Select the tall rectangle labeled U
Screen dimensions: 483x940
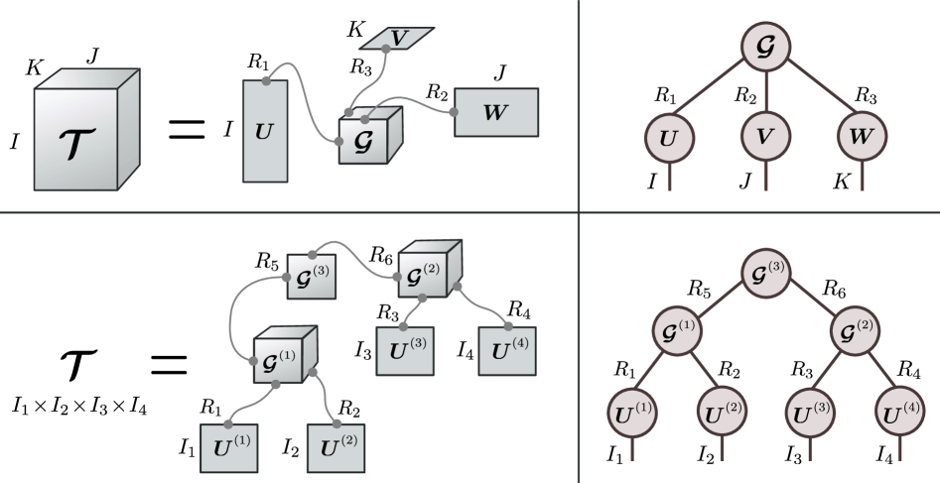click(265, 131)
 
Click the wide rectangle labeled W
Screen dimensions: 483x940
click(495, 112)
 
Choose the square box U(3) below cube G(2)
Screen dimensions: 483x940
click(404, 348)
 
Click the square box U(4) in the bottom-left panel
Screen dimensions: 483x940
click(507, 348)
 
